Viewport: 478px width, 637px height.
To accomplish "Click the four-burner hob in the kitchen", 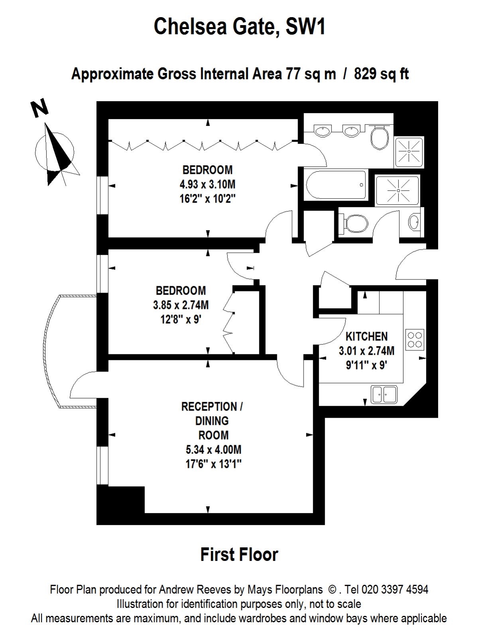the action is coord(415,340).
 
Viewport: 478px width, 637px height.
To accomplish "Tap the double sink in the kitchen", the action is coord(384,395).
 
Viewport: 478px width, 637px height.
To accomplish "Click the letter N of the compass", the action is coord(40,107).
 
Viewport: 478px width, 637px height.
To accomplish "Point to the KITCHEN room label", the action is coord(366,336).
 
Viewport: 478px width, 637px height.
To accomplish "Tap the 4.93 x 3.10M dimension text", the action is coord(207,184).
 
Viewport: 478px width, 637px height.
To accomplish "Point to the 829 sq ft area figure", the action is coord(381,74).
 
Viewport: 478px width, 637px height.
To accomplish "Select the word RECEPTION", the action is coord(209,406).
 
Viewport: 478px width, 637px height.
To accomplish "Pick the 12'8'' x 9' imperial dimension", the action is coord(180,320).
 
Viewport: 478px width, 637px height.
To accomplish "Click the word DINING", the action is coord(212,421).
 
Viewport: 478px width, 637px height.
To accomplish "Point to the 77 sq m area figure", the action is coord(311,74).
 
